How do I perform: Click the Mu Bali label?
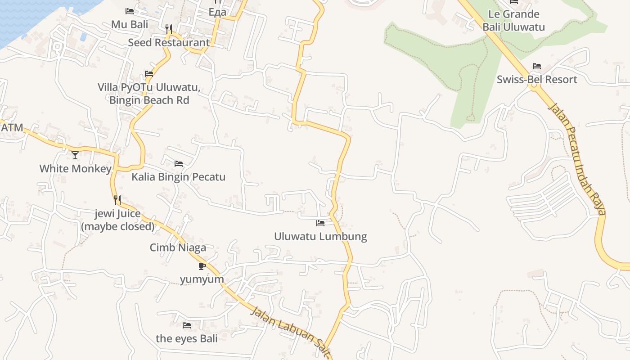point(130,24)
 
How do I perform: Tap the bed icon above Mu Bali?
point(130,11)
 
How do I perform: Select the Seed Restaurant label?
point(169,43)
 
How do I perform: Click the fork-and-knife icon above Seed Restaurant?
point(169,29)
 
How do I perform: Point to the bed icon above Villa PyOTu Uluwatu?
point(149,74)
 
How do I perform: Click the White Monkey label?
point(75,169)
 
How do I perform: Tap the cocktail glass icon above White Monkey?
point(75,155)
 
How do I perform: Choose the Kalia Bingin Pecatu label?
point(178,177)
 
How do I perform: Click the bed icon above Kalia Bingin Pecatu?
point(179,164)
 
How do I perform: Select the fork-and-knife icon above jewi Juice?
point(117,200)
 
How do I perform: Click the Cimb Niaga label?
point(178,247)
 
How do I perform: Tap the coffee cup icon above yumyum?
point(202,266)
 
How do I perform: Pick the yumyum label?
point(202,279)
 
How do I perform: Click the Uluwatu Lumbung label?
point(320,236)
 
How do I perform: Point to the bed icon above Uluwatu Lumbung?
point(320,223)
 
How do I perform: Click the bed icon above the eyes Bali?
point(187,325)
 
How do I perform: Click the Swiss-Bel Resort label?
point(536,80)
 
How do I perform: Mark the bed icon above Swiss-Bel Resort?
point(536,66)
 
